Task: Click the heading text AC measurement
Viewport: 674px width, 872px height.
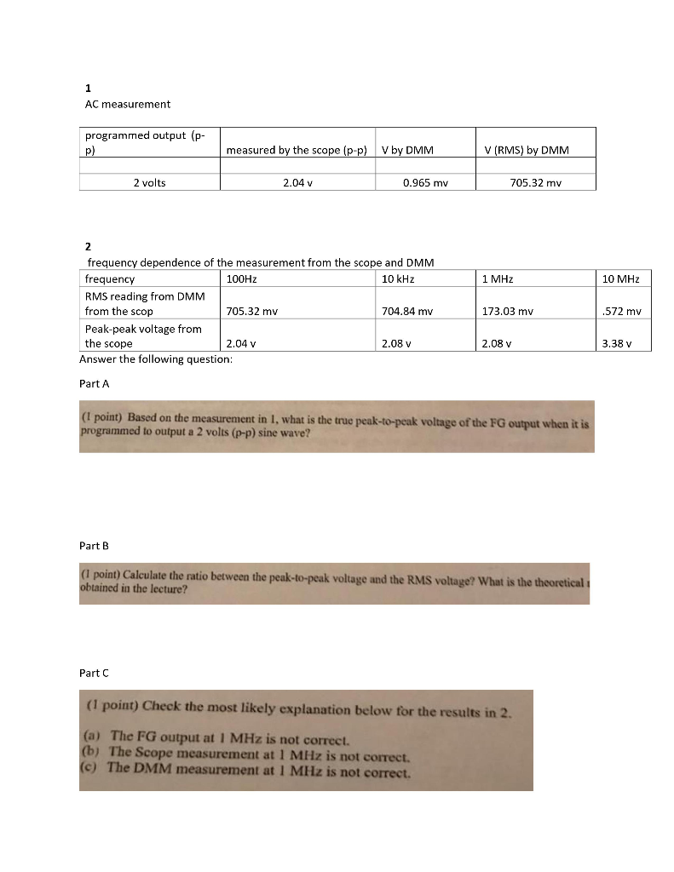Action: [x=127, y=104]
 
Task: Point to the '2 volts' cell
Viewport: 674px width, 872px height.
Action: [x=149, y=182]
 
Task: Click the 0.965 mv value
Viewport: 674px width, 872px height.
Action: [x=425, y=182]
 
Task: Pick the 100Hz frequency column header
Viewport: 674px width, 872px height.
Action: [x=242, y=279]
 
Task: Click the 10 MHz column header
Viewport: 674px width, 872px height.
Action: [x=620, y=279]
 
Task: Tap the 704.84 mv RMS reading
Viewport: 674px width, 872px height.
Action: [x=407, y=312]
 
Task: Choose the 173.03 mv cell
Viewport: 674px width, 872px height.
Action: [x=507, y=312]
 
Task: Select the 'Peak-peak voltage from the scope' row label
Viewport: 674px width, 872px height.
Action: [x=143, y=336]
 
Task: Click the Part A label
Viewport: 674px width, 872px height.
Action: [x=94, y=383]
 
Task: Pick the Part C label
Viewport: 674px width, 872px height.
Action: [x=94, y=673]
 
